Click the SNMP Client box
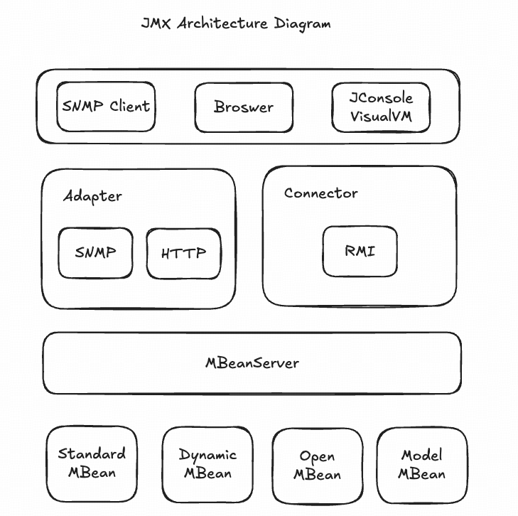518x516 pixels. click(106, 107)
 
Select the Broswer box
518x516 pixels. click(244, 107)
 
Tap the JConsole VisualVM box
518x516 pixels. click(381, 107)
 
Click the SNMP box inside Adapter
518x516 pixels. click(95, 252)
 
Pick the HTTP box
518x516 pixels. click(183, 253)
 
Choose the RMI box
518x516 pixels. click(360, 251)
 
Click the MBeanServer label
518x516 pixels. click(252, 363)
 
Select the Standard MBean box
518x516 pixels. click(92, 463)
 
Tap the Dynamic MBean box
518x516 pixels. click(207, 464)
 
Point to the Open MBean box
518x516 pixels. click(317, 466)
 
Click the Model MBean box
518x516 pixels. click(421, 464)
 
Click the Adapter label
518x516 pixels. click(92, 196)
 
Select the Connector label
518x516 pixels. click(320, 193)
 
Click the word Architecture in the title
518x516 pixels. click(222, 23)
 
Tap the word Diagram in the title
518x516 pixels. click(302, 23)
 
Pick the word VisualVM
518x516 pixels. click(381, 117)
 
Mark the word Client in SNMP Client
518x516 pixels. click(130, 107)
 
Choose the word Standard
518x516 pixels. click(92, 454)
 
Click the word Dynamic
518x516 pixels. click(207, 455)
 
